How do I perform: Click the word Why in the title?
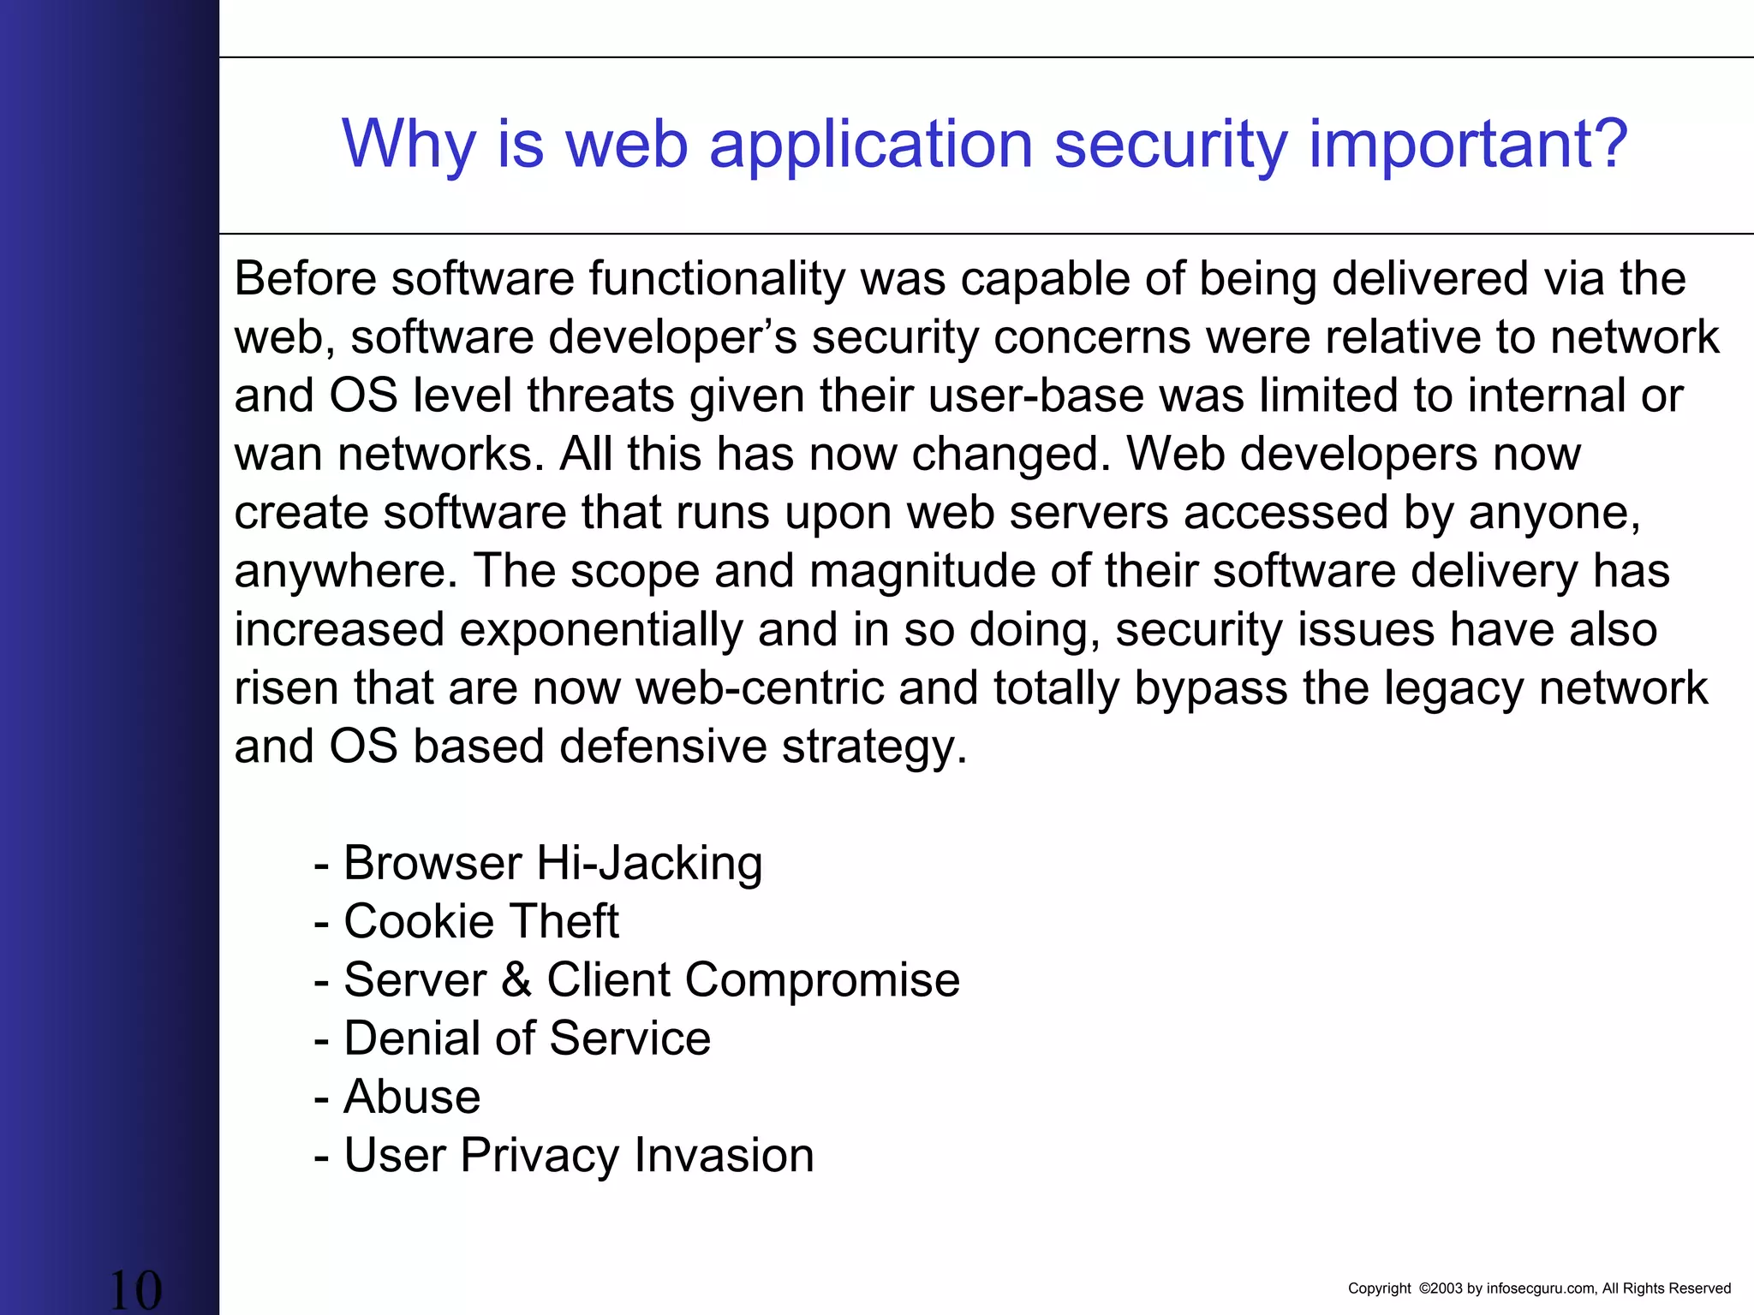[409, 144]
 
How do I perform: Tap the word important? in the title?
[1468, 144]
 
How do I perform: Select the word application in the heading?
[871, 144]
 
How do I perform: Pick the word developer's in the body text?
[673, 337]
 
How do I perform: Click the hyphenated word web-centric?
[760, 688]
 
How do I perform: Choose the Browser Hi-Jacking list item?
[552, 863]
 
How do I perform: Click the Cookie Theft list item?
[480, 922]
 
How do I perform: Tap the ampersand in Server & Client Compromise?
[516, 980]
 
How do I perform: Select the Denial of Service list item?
[527, 1038]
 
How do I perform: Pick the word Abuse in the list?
[412, 1097]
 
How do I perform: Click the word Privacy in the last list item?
[539, 1156]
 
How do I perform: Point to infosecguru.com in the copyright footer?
[1541, 1288]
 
